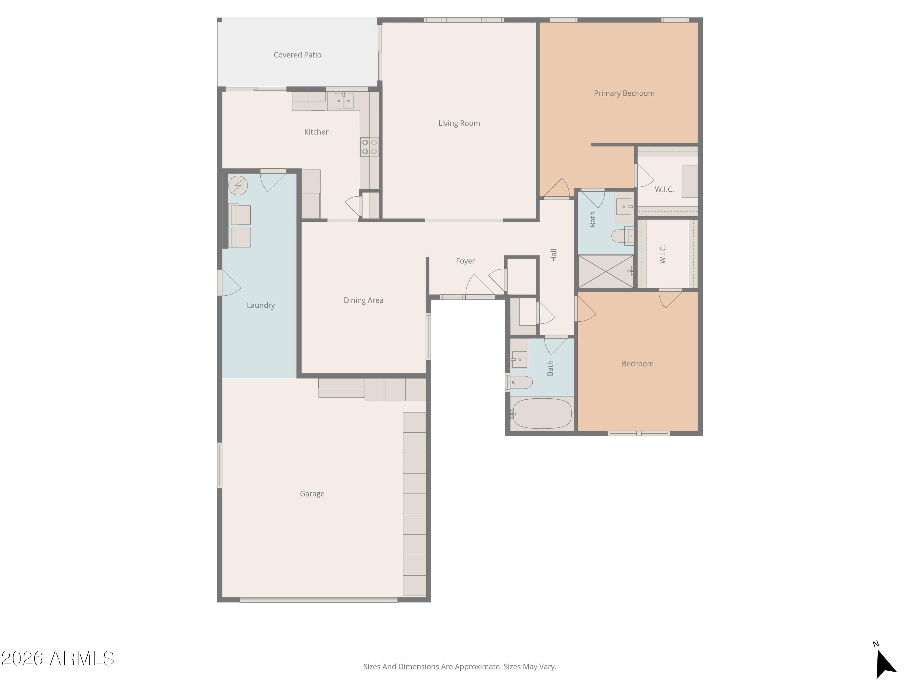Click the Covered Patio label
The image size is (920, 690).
[297, 55]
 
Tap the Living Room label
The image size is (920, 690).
[459, 123]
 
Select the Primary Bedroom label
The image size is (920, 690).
[624, 93]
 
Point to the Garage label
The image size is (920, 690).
[312, 494]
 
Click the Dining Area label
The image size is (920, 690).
[363, 300]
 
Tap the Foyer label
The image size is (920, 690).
[465, 261]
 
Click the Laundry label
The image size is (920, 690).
[261, 305]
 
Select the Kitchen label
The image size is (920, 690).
[317, 132]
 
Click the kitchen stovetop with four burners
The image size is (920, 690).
[369, 147]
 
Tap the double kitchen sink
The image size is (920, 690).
[343, 101]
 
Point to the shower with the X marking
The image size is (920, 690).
[606, 271]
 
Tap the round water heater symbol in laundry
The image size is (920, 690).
[238, 186]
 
